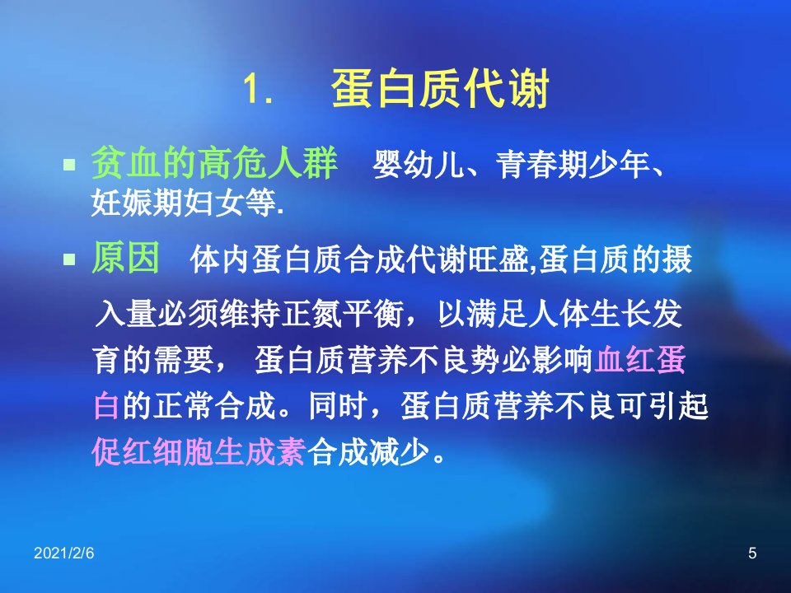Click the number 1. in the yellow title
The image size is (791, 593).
coord(258,89)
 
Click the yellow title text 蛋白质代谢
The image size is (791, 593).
coord(440,89)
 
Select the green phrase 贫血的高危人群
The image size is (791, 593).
coord(214,163)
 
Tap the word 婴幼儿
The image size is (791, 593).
coord(418,165)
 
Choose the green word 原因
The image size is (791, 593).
coord(125,257)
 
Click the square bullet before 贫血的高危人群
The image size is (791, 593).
coord(69,165)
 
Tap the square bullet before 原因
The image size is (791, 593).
coord(69,259)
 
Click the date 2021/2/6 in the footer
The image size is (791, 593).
coord(63,553)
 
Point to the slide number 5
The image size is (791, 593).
coord(752,553)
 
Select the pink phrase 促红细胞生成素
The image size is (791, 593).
coord(199,451)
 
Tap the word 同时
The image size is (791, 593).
coord(338,405)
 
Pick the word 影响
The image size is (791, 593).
coord(563,360)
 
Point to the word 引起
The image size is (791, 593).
coord(678,405)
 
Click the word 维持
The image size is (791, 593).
coord(250,314)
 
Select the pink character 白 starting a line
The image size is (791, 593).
coord(107,405)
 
